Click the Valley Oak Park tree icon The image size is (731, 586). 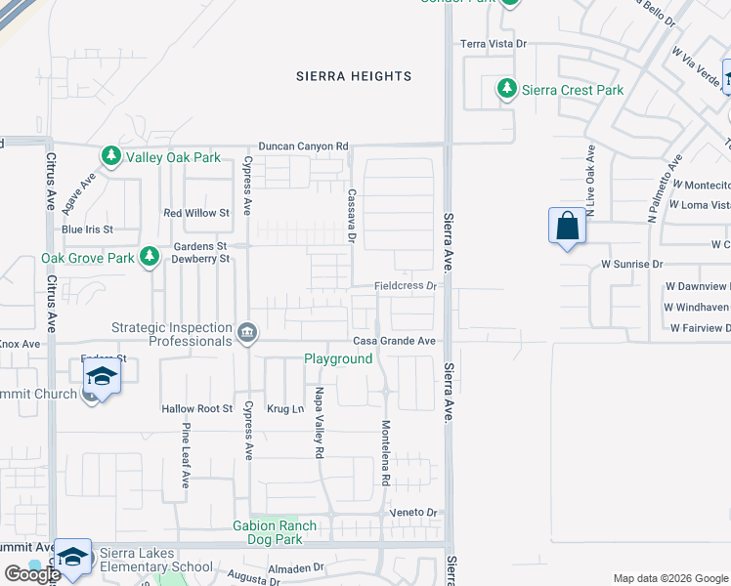[x=111, y=156]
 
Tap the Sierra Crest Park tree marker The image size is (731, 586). [x=507, y=90]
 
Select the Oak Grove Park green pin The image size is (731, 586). [x=149, y=257]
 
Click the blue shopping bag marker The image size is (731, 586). [x=567, y=227]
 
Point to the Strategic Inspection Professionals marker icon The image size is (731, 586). [x=247, y=334]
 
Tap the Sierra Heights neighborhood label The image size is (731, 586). [x=354, y=76]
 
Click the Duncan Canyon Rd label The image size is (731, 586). [x=303, y=146]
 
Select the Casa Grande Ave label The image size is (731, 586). [x=394, y=341]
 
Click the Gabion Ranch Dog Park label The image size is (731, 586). [x=275, y=532]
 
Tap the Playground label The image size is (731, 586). [x=337, y=359]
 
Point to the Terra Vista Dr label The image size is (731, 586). [x=494, y=44]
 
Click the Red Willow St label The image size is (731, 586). [x=195, y=212]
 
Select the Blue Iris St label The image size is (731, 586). [x=87, y=230]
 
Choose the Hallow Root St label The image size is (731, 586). [x=196, y=409]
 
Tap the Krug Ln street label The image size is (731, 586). [x=285, y=409]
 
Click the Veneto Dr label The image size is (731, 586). [x=416, y=513]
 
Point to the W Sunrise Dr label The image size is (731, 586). [x=631, y=264]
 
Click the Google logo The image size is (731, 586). [x=32, y=574]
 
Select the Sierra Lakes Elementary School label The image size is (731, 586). [x=156, y=560]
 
